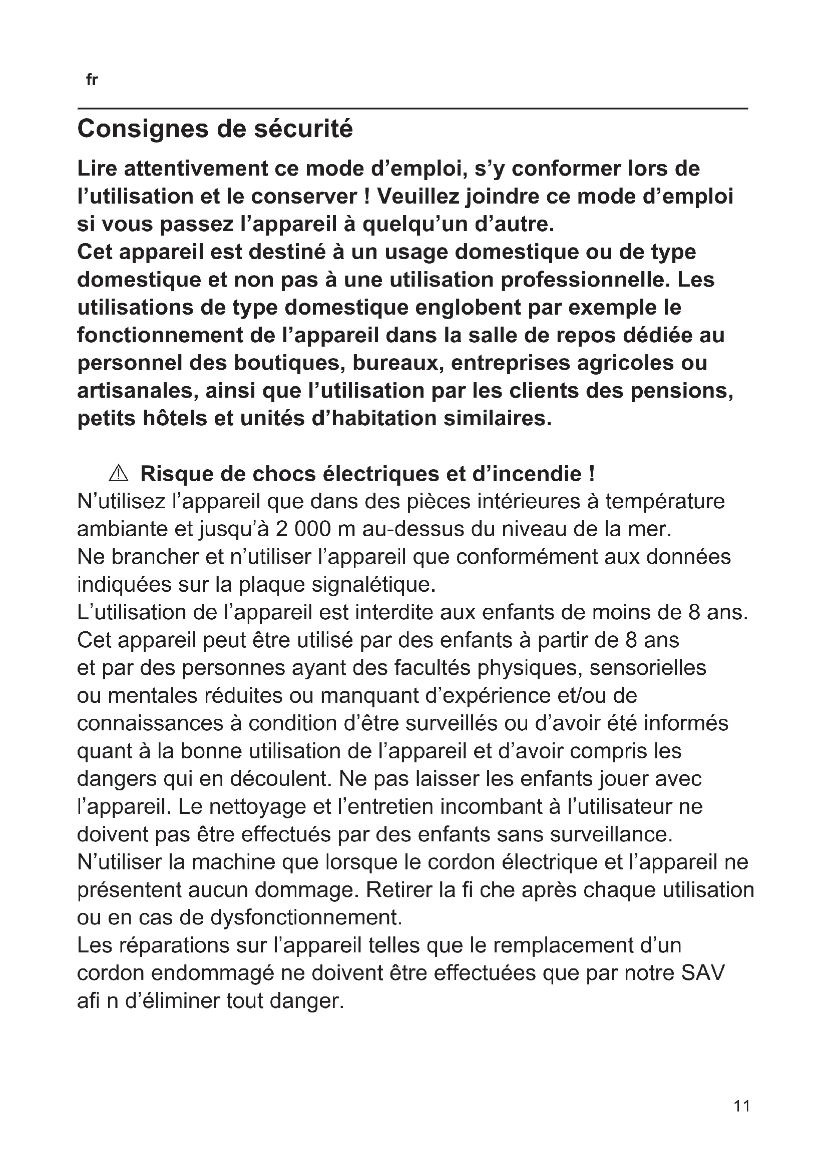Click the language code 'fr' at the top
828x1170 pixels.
(92, 80)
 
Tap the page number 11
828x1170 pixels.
(742, 1105)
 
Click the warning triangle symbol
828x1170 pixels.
(119, 474)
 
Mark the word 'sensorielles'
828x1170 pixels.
(647, 668)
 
